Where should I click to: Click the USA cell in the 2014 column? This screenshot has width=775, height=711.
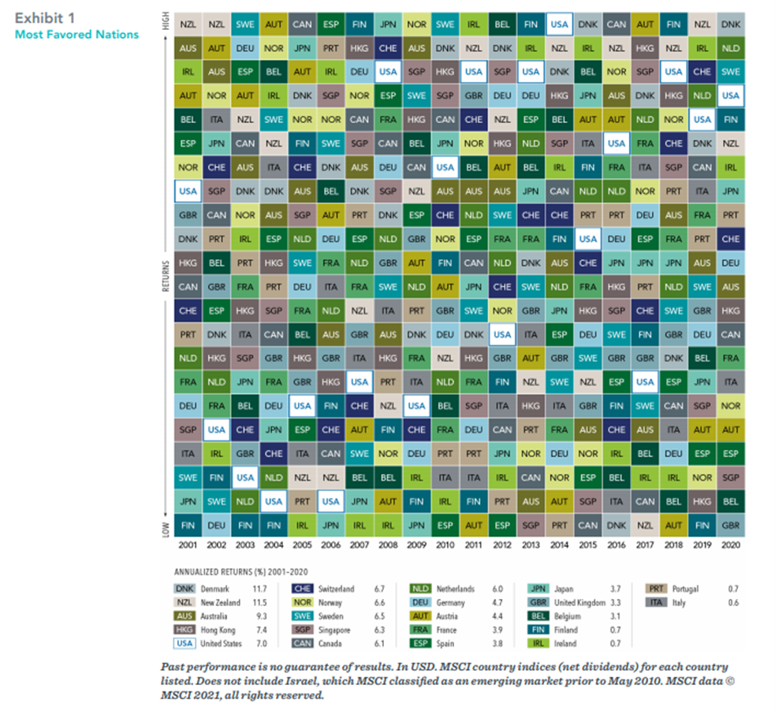click(559, 24)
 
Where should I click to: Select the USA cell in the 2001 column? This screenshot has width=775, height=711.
click(188, 190)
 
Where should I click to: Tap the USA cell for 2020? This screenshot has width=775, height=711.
click(730, 95)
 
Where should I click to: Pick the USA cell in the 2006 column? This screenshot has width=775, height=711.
click(330, 501)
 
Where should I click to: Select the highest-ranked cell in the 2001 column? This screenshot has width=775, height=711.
click(188, 24)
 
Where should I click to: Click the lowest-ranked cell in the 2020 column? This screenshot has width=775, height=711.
click(730, 524)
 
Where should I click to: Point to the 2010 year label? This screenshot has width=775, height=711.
click(445, 545)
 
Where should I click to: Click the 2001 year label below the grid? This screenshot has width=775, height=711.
click(188, 545)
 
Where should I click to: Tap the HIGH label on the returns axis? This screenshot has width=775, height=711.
click(166, 21)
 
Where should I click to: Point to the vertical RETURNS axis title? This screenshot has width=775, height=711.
click(166, 275)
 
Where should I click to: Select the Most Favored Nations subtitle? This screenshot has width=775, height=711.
click(76, 34)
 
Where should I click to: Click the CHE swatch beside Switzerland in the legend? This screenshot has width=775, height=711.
click(301, 589)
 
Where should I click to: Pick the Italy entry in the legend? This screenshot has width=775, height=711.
click(679, 603)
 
